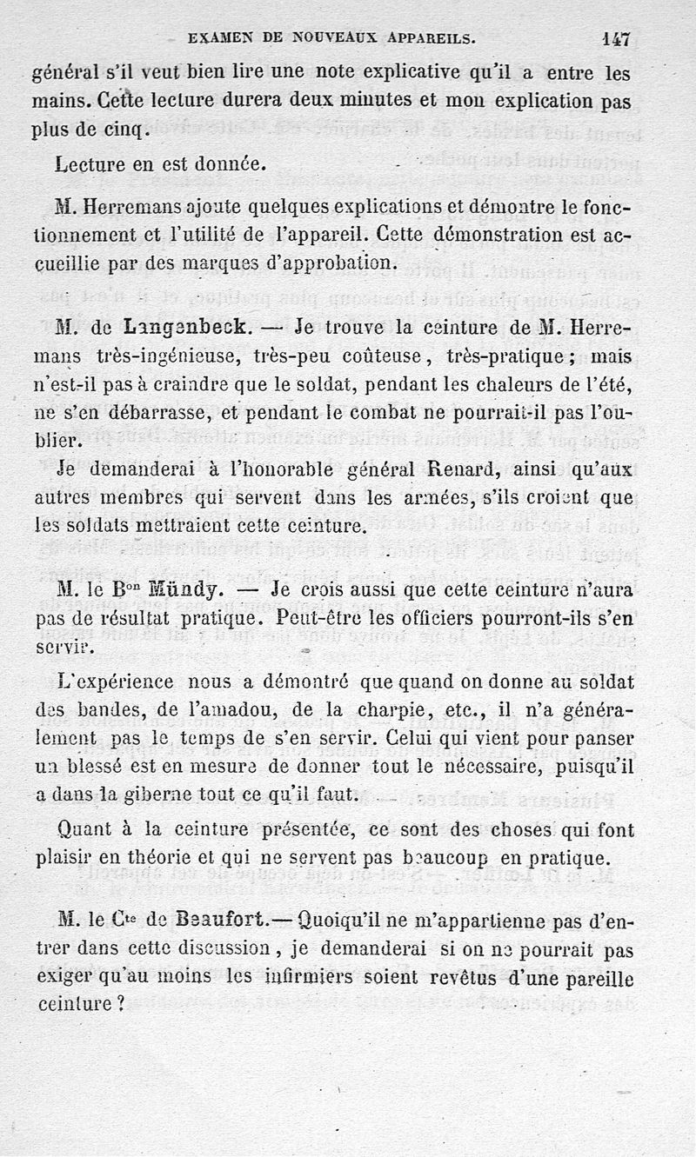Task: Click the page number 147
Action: click(x=614, y=38)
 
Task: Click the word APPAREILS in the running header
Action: click(x=421, y=38)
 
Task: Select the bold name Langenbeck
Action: click(x=177, y=329)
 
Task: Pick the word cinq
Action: click(x=127, y=131)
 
